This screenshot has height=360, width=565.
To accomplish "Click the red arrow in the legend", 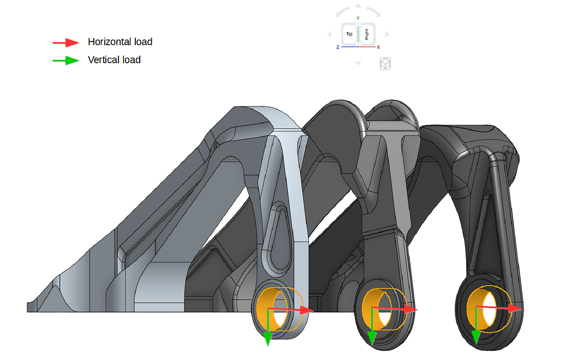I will tap(66, 42).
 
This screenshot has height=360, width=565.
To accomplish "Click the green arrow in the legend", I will tap(66, 60).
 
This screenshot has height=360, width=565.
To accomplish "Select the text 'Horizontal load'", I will tap(120, 42).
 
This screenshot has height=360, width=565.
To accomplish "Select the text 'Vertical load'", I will tap(114, 60).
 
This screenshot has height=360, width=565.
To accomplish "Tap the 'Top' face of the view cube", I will tap(349, 34).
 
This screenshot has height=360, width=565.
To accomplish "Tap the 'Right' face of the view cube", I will tap(366, 34).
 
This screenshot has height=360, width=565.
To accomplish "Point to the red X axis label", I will tap(378, 47).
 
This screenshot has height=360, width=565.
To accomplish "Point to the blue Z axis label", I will tap(338, 47).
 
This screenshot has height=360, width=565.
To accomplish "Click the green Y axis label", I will tap(358, 19).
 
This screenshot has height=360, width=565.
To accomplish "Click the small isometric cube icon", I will tap(385, 64).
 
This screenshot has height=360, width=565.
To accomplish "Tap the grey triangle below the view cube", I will tap(358, 63).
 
